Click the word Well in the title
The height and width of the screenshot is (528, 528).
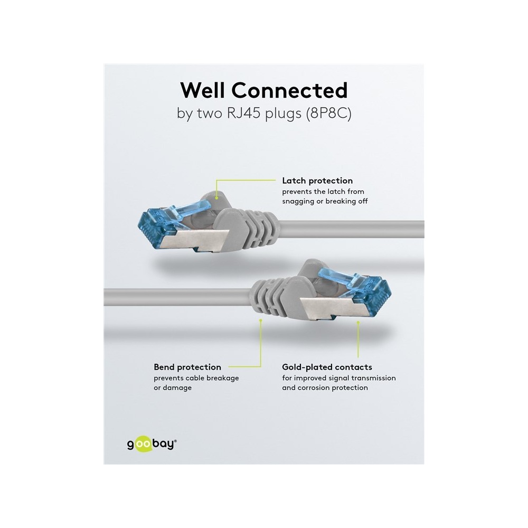pos(203,90)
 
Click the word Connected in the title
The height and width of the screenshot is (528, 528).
pos(289,90)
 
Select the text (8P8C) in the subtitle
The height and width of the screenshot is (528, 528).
pos(328,114)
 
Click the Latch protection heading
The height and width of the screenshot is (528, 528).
pos(317,181)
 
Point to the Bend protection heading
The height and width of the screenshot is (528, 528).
pos(187,367)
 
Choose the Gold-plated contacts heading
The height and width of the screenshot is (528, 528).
pos(327,367)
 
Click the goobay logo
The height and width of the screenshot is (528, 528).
pos(152,445)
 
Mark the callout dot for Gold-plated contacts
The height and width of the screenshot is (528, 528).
pos(358,323)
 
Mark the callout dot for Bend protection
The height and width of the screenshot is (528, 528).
pos(261,320)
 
